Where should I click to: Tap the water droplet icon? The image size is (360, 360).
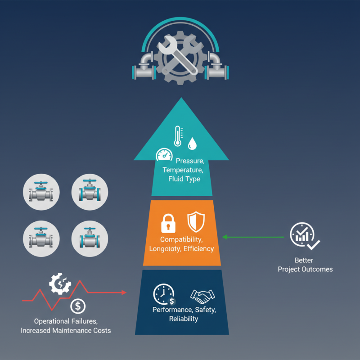click(193, 144)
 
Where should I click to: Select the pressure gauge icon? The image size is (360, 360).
click(164, 156)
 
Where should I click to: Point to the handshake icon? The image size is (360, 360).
click(203, 296)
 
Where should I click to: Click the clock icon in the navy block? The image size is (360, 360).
click(162, 294)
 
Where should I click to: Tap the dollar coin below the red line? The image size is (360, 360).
click(78, 306)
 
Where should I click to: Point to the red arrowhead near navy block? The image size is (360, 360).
click(124, 292)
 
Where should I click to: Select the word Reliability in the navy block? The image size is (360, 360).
click(183, 319)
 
